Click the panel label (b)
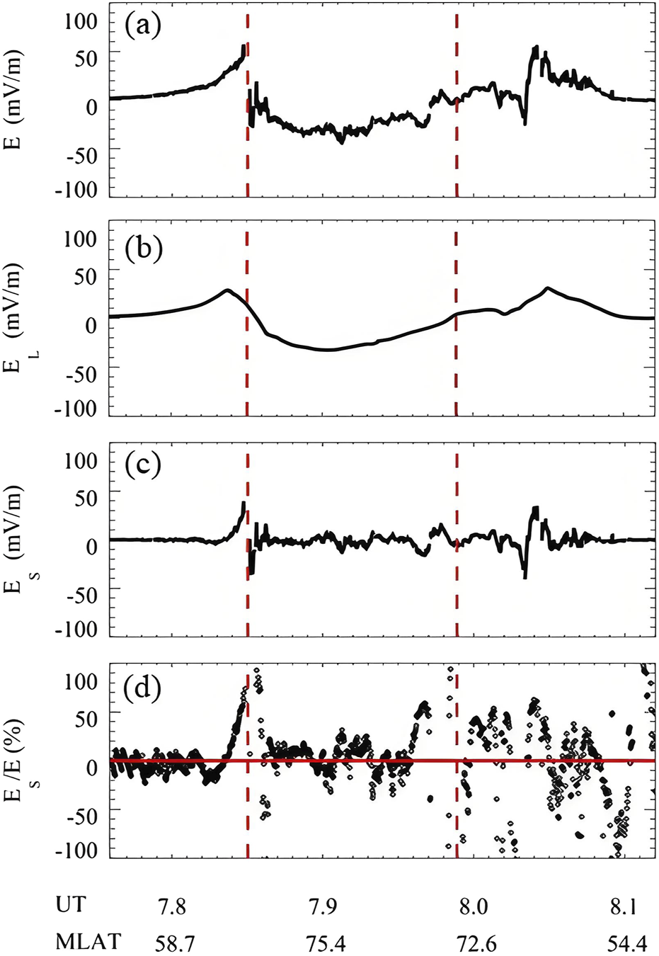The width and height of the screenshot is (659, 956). [x=143, y=248]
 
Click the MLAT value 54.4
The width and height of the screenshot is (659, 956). [x=626, y=943]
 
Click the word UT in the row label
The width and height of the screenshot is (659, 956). [x=71, y=906]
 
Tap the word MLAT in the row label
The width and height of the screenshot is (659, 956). [x=88, y=942]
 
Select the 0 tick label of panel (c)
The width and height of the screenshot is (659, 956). [x=91, y=546]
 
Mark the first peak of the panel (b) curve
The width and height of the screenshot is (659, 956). [x=227, y=290]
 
